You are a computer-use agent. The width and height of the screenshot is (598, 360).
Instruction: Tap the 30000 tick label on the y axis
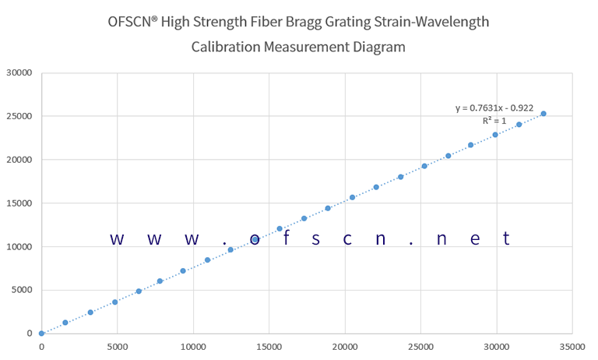pyautogui.click(x=19, y=73)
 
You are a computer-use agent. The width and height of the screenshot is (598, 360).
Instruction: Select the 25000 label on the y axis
pyautogui.click(x=19, y=117)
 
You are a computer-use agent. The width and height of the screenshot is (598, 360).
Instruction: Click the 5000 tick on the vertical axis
pyautogui.click(x=21, y=291)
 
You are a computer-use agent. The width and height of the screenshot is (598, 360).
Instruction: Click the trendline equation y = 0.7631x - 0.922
pyautogui.click(x=494, y=108)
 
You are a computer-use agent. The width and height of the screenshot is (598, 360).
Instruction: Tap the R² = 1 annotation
pyautogui.click(x=494, y=121)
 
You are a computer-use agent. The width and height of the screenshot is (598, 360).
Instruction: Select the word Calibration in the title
pyautogui.click(x=225, y=47)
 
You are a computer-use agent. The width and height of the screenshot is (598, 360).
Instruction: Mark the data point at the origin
pyautogui.click(x=41, y=334)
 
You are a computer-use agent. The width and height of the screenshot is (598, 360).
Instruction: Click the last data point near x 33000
pyautogui.click(x=543, y=114)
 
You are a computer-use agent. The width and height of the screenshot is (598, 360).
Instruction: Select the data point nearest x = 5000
pyautogui.click(x=114, y=302)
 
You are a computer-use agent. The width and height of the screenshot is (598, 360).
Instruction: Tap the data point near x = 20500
pyautogui.click(x=352, y=197)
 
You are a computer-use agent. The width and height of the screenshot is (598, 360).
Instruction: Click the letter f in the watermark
pyautogui.click(x=286, y=238)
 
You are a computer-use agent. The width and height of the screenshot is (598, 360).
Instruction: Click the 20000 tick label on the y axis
pyautogui.click(x=19, y=160)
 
